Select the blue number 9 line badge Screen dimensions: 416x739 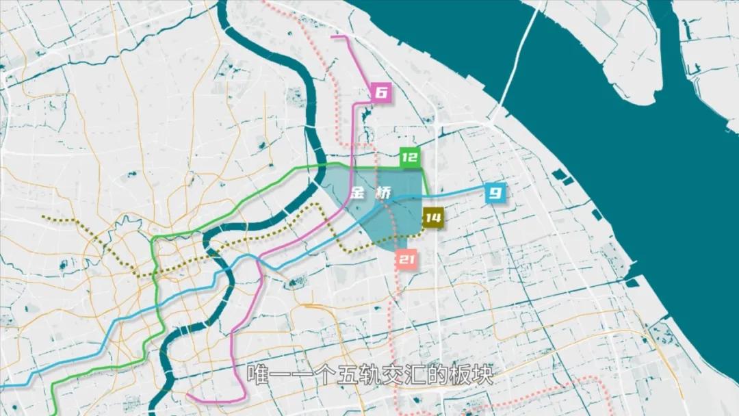click(495, 194)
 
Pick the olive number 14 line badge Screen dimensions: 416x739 click(432, 218)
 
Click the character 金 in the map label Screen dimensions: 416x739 click(357, 194)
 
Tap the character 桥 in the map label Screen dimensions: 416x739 click(384, 194)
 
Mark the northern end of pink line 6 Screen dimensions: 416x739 click(333, 36)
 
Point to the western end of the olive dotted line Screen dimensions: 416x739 click(43, 218)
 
